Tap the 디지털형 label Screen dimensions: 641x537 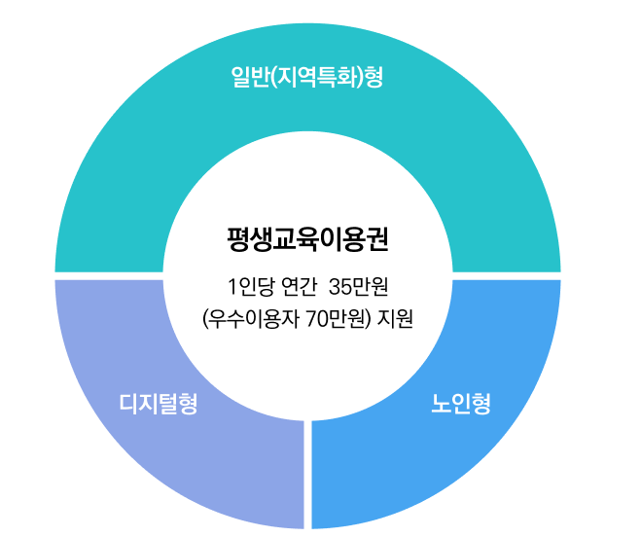point(159,404)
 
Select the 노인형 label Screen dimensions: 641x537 point(461,404)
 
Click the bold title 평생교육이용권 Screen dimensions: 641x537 point(307,238)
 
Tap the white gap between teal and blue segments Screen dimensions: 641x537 point(506,275)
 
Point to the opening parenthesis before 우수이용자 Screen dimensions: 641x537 point(205,318)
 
